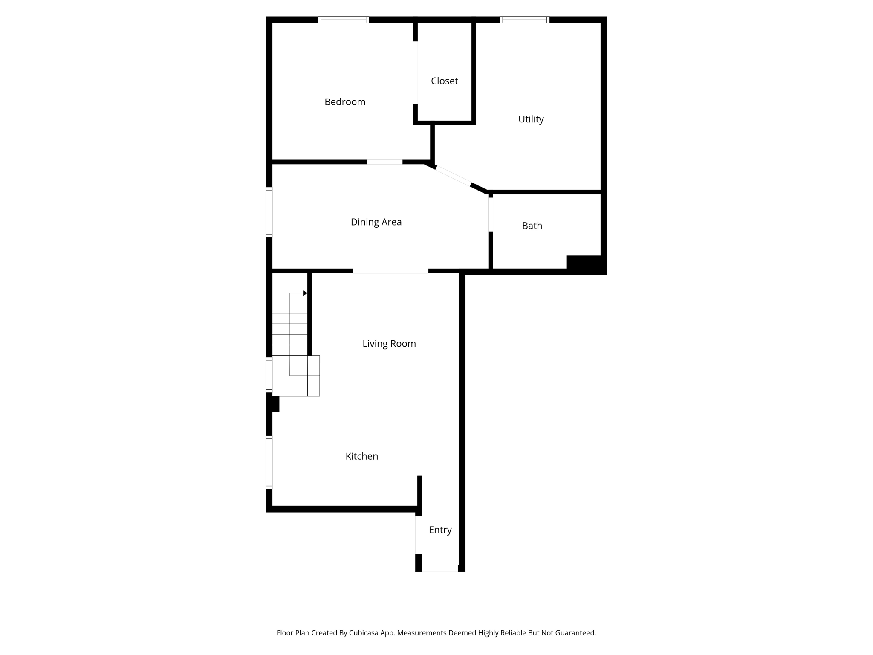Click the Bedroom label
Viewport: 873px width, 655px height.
click(x=345, y=102)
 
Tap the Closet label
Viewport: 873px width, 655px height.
click(x=444, y=81)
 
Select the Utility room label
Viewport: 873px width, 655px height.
click(x=531, y=119)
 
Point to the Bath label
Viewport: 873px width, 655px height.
click(x=532, y=226)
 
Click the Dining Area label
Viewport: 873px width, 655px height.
click(x=376, y=222)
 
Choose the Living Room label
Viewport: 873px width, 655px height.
click(x=389, y=344)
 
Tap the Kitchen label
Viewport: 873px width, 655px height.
click(x=362, y=456)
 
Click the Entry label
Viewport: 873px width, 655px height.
click(x=440, y=530)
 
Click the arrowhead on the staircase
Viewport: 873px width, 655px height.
click(x=305, y=293)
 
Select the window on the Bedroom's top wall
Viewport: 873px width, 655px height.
click(x=344, y=20)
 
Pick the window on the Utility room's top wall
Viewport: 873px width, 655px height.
click(x=525, y=20)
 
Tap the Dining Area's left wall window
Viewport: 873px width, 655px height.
click(x=269, y=212)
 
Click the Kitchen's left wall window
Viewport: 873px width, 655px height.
click(x=269, y=462)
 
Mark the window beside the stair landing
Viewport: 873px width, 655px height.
click(x=269, y=375)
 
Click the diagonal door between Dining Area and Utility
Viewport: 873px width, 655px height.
click(x=453, y=175)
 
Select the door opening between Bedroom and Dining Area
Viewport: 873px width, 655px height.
click(x=384, y=162)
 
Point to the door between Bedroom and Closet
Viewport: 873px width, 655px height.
click(x=416, y=73)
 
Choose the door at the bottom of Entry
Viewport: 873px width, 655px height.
click(x=440, y=568)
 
